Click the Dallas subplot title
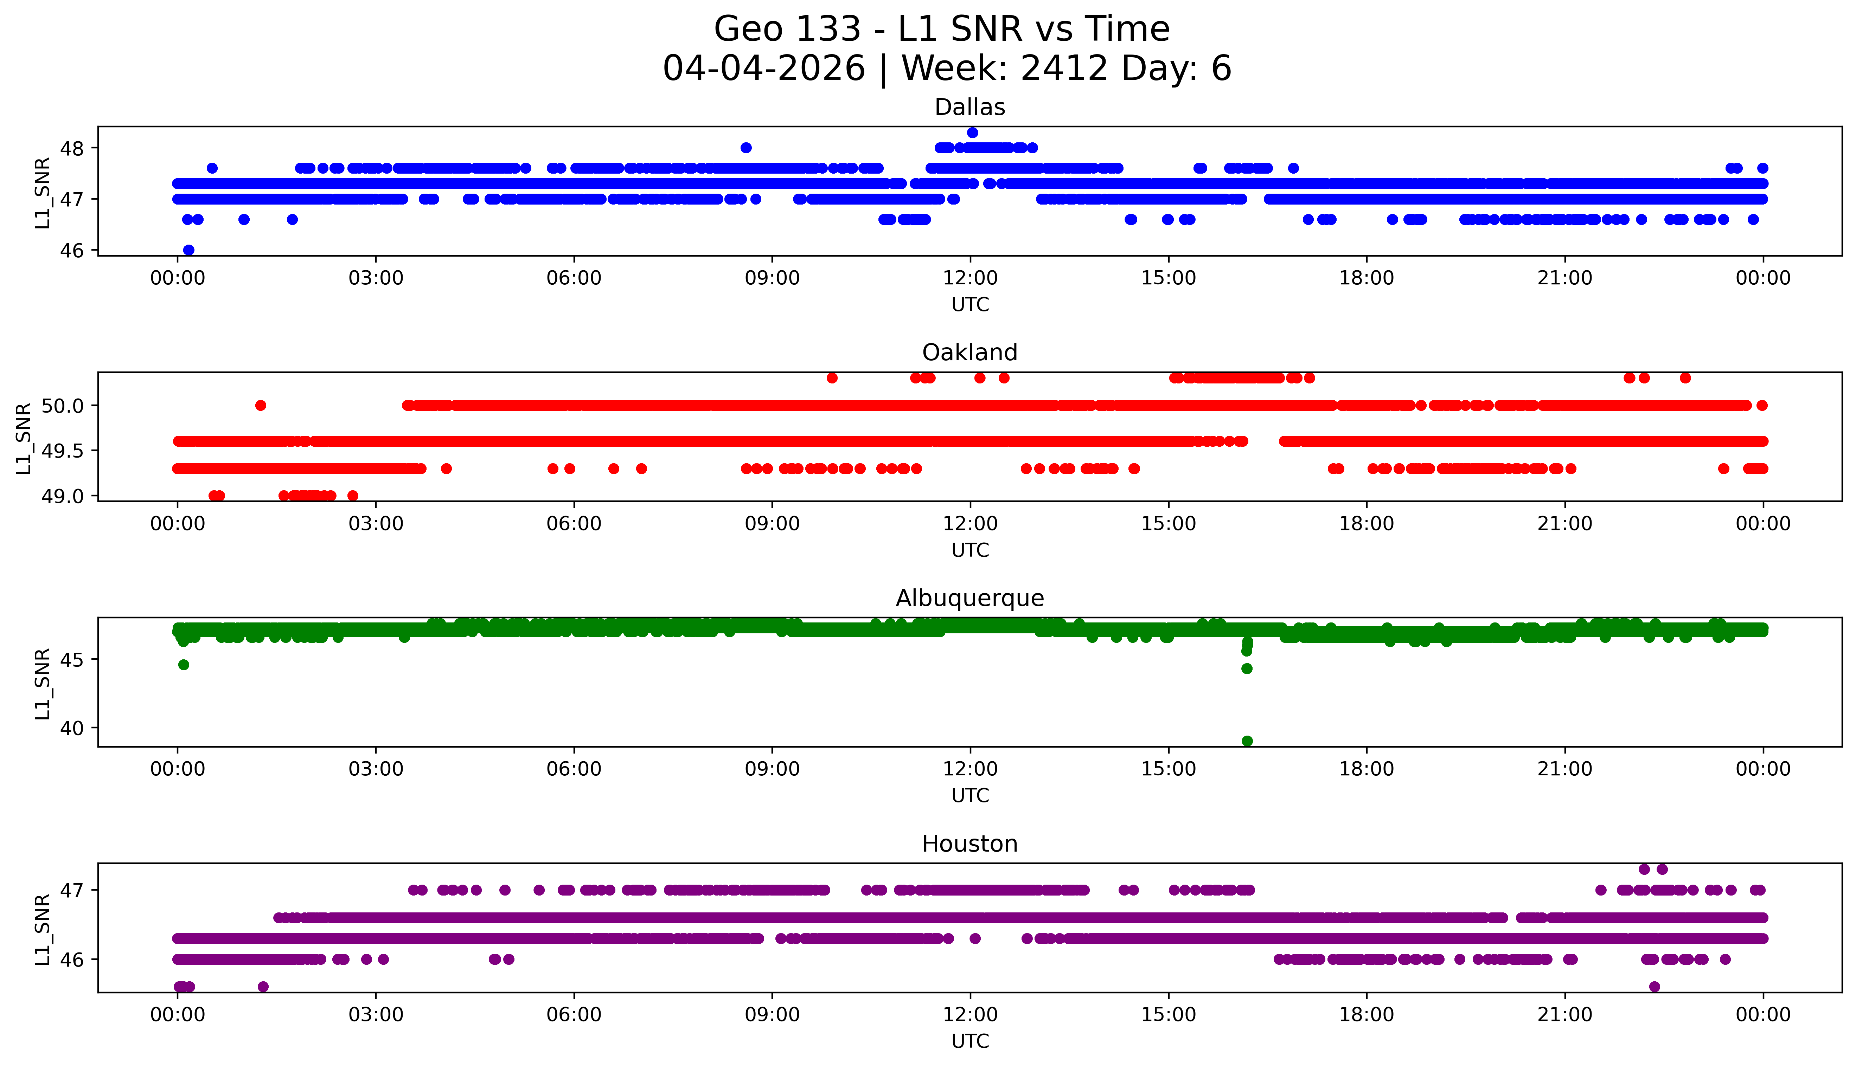970,108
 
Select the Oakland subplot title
970,353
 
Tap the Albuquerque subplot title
970,598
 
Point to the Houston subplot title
970,844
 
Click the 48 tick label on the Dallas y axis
73,148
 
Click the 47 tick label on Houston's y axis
73,890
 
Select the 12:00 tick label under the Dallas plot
971,278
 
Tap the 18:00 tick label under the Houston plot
1367,1015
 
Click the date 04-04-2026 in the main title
764,69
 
